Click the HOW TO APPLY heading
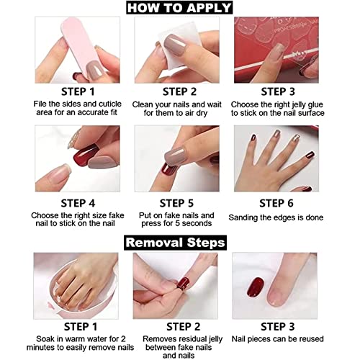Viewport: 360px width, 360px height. click(180, 8)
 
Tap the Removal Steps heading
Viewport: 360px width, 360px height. click(180, 242)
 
